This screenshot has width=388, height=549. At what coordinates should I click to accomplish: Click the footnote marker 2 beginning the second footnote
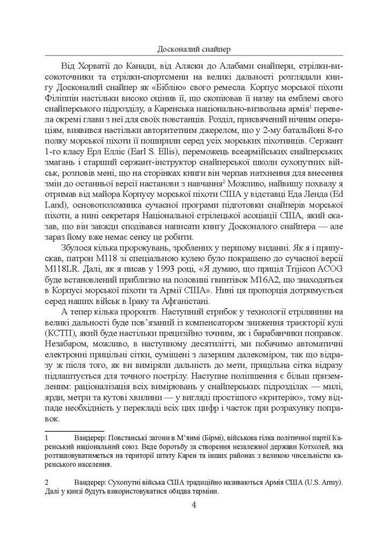pyautogui.click(x=48, y=482)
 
